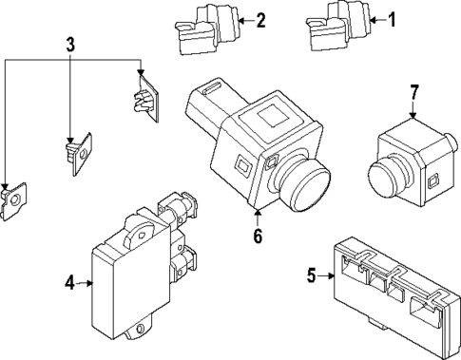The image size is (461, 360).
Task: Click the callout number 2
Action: coord(260,19)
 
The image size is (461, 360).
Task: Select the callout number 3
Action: coord(70,44)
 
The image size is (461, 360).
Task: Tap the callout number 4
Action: coord(69,282)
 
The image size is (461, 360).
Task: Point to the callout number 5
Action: coord(311,276)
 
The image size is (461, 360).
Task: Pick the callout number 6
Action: coord(257,236)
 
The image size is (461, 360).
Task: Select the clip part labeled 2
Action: coord(201,28)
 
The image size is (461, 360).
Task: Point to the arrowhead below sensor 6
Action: coord(257,214)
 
